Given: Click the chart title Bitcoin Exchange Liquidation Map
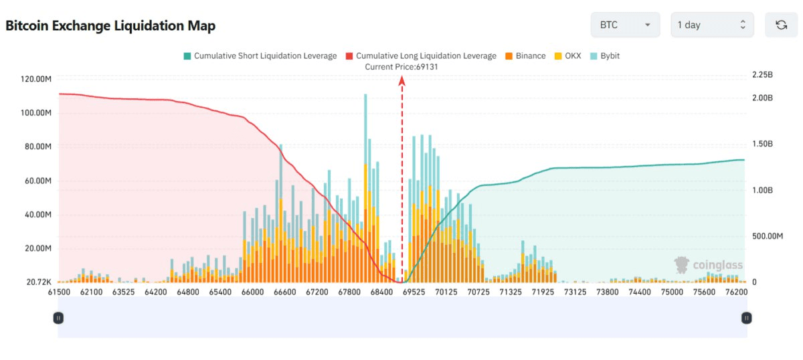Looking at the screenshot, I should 110,25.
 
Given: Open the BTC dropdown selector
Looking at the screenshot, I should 625,25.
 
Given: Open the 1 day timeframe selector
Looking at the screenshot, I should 712,25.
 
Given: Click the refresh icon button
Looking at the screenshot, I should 781,25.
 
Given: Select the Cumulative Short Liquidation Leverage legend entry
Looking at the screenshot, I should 260,56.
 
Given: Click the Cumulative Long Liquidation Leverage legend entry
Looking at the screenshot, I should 420,56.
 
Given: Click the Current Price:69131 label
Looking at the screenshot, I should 401,67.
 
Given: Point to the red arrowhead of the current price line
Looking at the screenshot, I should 402,80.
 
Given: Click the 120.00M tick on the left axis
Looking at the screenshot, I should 36,79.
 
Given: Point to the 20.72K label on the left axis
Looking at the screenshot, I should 39,282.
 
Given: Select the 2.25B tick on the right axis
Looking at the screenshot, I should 763,74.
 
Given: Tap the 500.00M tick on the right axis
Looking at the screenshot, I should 768,236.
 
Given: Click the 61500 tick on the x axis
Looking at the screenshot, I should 59,292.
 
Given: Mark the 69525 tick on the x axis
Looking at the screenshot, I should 414,292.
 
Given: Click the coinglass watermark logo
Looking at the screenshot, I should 709,265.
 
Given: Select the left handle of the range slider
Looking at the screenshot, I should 58,318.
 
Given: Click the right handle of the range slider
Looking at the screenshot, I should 745,318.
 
